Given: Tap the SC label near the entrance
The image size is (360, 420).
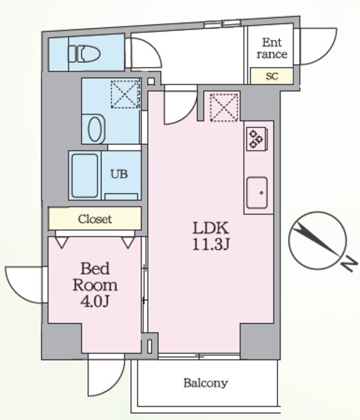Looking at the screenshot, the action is coord(272,76).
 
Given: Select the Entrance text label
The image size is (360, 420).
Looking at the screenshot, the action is coord(272,48).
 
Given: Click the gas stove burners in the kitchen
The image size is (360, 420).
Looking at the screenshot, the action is coord(256,138).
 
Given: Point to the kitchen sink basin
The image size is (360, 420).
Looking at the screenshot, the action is coord(257,192).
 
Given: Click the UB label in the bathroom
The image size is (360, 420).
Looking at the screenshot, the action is coord(119,175).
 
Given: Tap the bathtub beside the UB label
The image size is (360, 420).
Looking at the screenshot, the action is coord(85,176).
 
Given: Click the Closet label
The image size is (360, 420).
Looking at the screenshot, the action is coord(94,219).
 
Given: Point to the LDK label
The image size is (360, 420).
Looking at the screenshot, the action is coord(210,228).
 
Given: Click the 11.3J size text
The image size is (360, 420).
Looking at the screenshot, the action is coord(210,244).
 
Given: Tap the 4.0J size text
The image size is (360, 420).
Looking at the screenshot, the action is coord(94,302).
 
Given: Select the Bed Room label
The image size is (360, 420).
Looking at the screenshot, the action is coord(95,277).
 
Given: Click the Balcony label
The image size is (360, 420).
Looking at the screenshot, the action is coord(205,383).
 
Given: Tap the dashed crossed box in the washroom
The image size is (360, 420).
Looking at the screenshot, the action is coord(125,94).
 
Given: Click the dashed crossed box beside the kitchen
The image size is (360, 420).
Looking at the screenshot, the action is coord(224,108).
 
